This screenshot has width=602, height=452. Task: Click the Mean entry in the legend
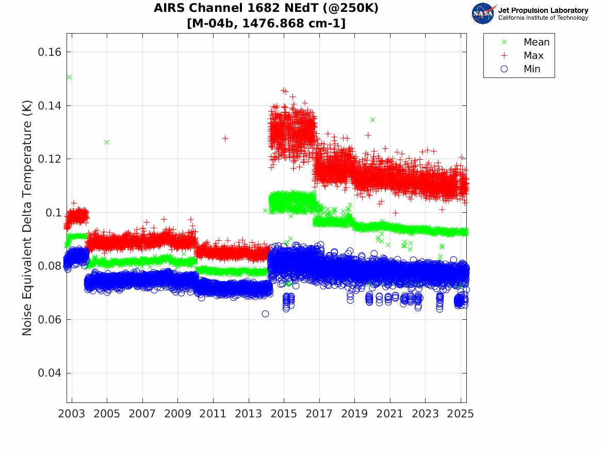[x=536, y=42]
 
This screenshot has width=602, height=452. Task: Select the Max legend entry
[x=533, y=55]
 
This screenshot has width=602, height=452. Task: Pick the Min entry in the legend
[x=532, y=69]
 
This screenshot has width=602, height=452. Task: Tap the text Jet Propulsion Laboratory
[x=543, y=10]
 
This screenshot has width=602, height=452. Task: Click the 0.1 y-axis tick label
[x=54, y=212]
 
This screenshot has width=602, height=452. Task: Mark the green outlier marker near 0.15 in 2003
[x=69, y=77]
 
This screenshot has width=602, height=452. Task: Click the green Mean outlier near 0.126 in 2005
[x=107, y=142]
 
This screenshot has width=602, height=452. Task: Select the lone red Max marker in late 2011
[x=225, y=138]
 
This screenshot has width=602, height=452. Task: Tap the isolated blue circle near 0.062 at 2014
[x=265, y=314]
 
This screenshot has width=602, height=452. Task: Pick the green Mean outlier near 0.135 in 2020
[x=372, y=119]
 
